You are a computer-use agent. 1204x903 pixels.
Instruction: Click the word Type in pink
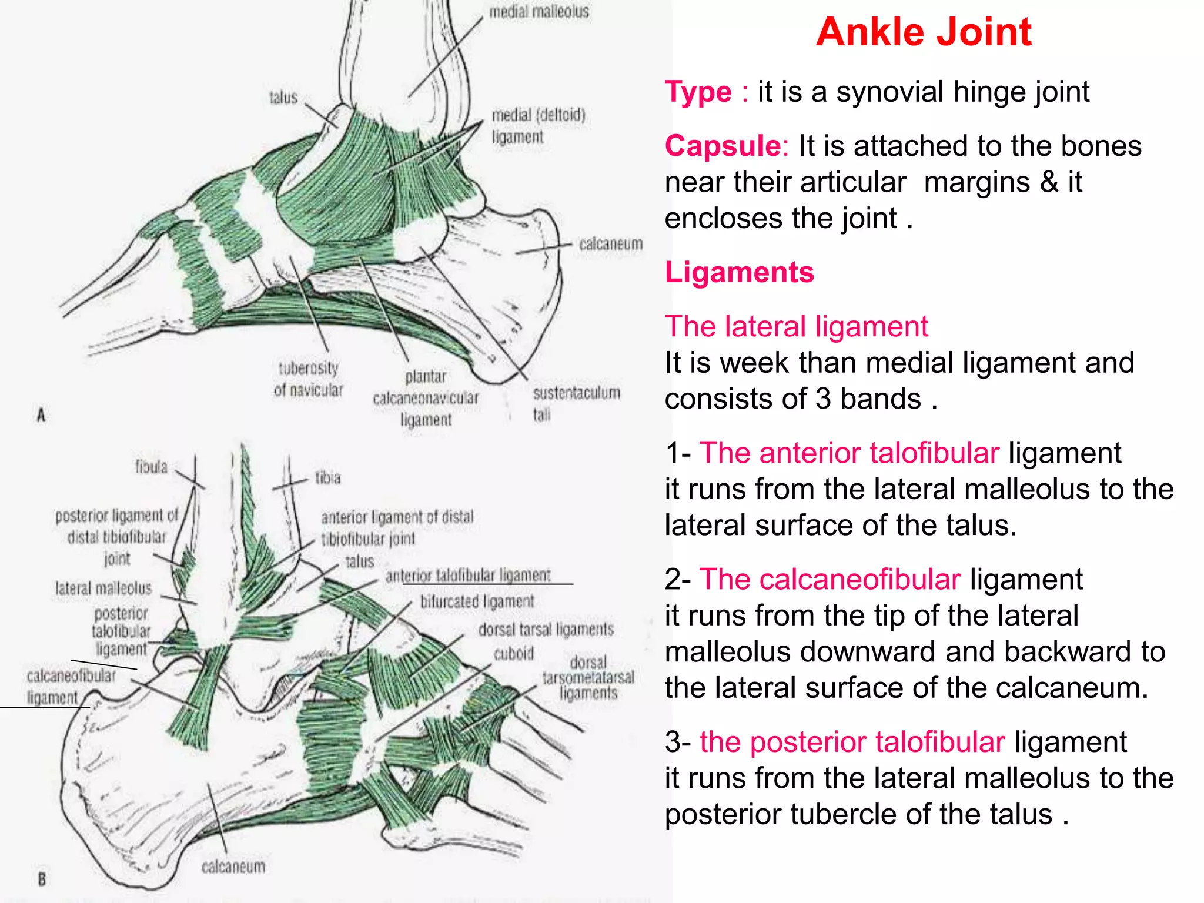(698, 92)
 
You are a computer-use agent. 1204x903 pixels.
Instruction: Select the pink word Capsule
(723, 146)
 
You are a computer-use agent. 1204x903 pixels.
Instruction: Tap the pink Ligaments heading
(739, 272)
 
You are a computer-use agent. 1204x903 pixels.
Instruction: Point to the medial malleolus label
(539, 12)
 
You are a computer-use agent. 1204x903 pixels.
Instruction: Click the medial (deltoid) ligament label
(538, 125)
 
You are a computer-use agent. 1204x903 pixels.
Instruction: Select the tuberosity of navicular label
(308, 379)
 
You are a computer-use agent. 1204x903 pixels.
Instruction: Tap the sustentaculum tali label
(575, 403)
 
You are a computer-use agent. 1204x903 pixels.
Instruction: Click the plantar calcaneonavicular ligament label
(426, 398)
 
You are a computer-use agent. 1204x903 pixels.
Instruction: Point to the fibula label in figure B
(151, 467)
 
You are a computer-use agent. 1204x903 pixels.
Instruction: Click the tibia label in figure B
(327, 477)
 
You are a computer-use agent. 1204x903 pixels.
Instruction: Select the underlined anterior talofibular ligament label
(468, 575)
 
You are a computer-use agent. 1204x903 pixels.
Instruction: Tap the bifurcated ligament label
(477, 601)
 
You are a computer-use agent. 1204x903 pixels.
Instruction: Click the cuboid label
(514, 654)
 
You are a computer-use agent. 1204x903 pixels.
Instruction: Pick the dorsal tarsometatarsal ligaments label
(588, 678)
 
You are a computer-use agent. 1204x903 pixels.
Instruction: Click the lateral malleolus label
(103, 588)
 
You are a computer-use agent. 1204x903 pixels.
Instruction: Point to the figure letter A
(41, 415)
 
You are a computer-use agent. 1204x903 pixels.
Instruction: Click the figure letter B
(41, 879)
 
